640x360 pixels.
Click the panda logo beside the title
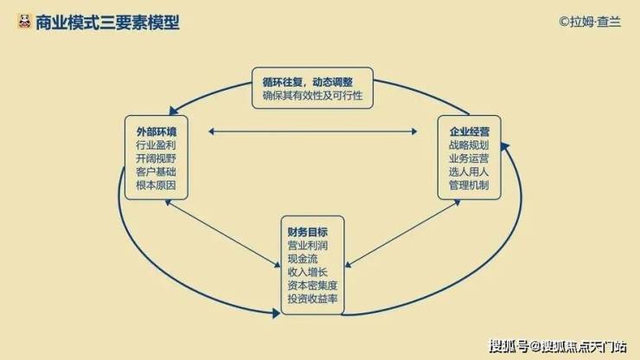[x=24, y=22]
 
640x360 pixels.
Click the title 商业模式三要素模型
[x=107, y=22]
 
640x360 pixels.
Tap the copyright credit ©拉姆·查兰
[x=590, y=22]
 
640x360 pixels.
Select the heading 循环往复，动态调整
[x=307, y=82]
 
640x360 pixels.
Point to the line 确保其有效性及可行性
[x=312, y=95]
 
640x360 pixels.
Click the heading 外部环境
[x=157, y=132]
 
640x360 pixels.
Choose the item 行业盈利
[x=156, y=145]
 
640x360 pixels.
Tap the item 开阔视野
[x=156, y=158]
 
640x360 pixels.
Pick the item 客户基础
[x=156, y=171]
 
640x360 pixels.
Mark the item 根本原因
[x=156, y=185]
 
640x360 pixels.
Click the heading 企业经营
[x=470, y=132]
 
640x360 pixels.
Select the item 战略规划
[x=469, y=145]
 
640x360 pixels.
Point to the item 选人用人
[x=469, y=171]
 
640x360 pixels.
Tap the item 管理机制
[x=469, y=185]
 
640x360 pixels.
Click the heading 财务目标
[x=308, y=232]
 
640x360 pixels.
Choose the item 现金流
[x=303, y=259]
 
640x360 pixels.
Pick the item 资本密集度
[x=313, y=286]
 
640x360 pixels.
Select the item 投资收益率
[x=313, y=299]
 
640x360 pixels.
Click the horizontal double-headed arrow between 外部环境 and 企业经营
[x=313, y=132]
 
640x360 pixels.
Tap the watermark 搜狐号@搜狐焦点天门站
[x=558, y=346]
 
